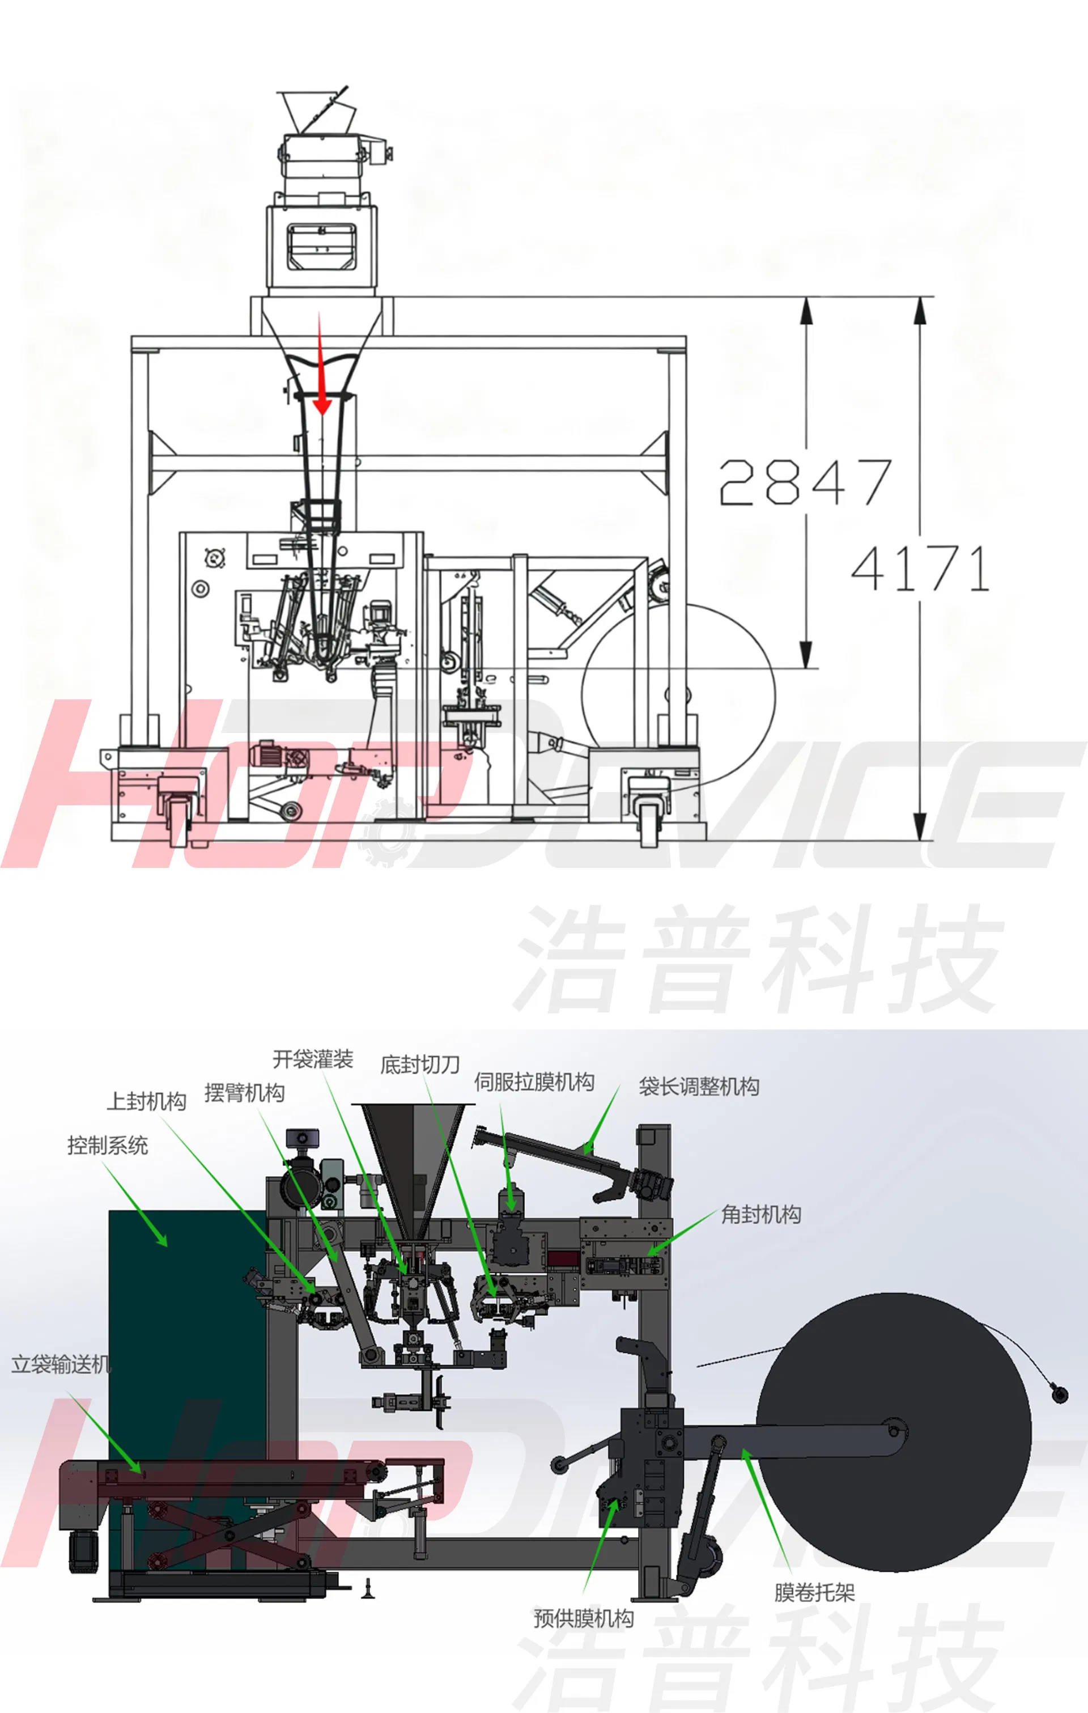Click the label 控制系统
pyautogui.click(x=107, y=1146)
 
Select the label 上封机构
pyautogui.click(x=147, y=1101)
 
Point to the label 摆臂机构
pyautogui.click(x=245, y=1093)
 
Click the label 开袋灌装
pyautogui.click(x=313, y=1059)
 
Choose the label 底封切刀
pyautogui.click(x=420, y=1065)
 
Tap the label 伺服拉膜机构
pyautogui.click(x=534, y=1082)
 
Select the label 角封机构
pyautogui.click(x=761, y=1214)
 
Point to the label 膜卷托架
pyautogui.click(x=814, y=1592)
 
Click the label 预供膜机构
pyautogui.click(x=583, y=1618)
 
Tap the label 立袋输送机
pyautogui.click(x=61, y=1364)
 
